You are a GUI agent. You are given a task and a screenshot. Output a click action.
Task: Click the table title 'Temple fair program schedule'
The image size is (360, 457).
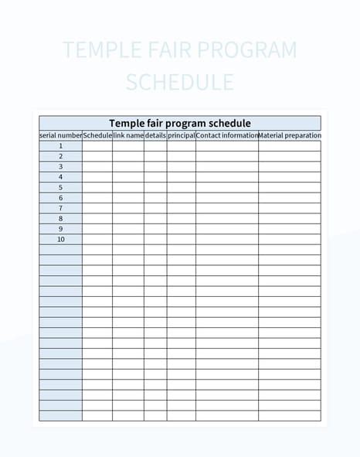(x=180, y=123)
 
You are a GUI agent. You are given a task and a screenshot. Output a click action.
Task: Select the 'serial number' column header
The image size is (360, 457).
(x=60, y=135)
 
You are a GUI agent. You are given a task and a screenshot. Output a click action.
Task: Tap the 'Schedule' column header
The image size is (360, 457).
(x=97, y=135)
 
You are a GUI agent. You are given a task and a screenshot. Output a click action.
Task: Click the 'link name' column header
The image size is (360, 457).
(x=128, y=135)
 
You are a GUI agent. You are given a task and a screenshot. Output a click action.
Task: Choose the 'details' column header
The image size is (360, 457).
(x=155, y=135)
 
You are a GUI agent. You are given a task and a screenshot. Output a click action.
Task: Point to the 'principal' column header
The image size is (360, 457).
(x=182, y=135)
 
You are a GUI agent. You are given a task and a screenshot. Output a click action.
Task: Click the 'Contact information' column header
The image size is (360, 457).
(x=227, y=135)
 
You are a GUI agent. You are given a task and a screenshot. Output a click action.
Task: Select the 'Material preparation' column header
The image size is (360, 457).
(x=290, y=135)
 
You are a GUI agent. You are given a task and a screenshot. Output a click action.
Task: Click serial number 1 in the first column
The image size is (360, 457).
(x=60, y=145)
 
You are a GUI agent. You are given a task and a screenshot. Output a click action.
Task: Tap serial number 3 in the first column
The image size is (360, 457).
(x=60, y=166)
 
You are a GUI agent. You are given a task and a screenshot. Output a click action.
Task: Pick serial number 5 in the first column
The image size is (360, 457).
(x=60, y=187)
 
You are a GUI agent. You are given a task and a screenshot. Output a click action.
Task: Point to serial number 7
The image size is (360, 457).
(x=60, y=208)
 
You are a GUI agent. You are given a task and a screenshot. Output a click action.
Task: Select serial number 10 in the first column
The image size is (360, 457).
(x=60, y=239)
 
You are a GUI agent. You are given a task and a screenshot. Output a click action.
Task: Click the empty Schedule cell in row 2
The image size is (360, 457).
(x=97, y=156)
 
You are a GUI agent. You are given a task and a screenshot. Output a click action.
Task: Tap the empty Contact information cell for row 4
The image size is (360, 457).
(x=227, y=177)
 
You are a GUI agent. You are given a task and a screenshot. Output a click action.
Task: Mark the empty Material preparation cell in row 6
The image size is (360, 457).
(x=290, y=198)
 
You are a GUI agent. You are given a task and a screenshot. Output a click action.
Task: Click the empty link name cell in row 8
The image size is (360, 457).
(x=128, y=219)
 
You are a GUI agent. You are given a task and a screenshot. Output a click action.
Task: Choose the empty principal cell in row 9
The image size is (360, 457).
(x=182, y=229)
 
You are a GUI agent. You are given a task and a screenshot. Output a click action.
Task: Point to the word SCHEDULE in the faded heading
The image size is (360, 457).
(x=180, y=82)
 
